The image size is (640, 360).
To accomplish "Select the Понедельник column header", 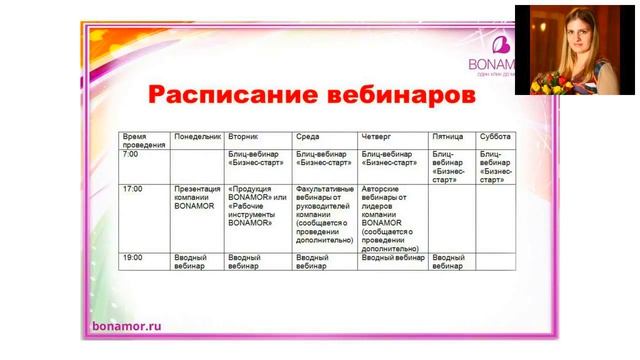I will (x=197, y=135).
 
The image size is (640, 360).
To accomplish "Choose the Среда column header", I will (x=307, y=135).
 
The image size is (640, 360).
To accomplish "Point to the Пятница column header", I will (x=449, y=135).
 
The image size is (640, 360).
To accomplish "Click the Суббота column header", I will (x=496, y=135).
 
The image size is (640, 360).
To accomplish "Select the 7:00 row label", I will (x=131, y=155).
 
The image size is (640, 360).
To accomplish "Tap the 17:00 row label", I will (x=133, y=188).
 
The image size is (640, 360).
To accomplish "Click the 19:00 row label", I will (x=133, y=258).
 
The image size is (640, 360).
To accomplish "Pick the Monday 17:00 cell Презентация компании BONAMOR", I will (x=197, y=197).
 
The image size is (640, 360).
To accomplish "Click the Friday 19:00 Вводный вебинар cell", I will (x=450, y=262).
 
